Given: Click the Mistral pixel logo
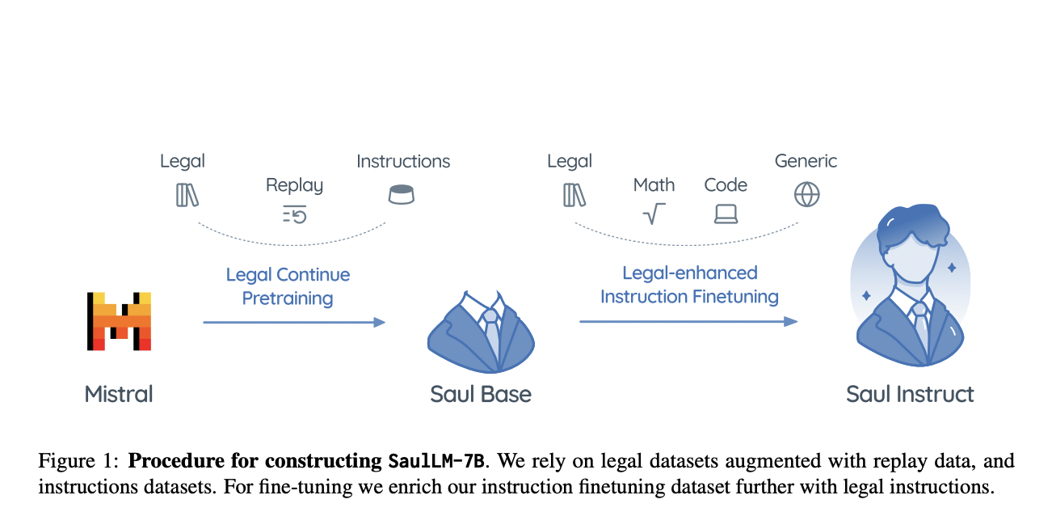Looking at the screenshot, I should (x=118, y=321).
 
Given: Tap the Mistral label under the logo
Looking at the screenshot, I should (x=118, y=395).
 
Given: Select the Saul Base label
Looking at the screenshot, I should (x=481, y=395).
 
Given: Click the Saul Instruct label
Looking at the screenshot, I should (x=910, y=395).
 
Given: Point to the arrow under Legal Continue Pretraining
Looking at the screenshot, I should (x=293, y=323).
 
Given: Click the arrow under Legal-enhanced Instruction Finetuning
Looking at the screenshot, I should (x=688, y=322).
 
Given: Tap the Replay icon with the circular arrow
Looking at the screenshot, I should (x=294, y=214).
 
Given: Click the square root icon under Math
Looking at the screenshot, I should (x=653, y=214).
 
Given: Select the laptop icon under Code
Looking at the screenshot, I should (x=726, y=214).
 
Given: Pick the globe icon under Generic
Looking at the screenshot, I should (x=806, y=194).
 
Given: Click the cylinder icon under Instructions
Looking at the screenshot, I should (x=401, y=194).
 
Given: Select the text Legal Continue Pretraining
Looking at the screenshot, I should (x=288, y=286).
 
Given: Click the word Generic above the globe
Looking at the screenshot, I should (x=806, y=161).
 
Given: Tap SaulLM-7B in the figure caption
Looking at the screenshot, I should (x=436, y=462).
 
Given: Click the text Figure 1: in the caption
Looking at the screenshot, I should (x=79, y=462).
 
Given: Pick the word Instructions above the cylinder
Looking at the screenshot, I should (x=403, y=161).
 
